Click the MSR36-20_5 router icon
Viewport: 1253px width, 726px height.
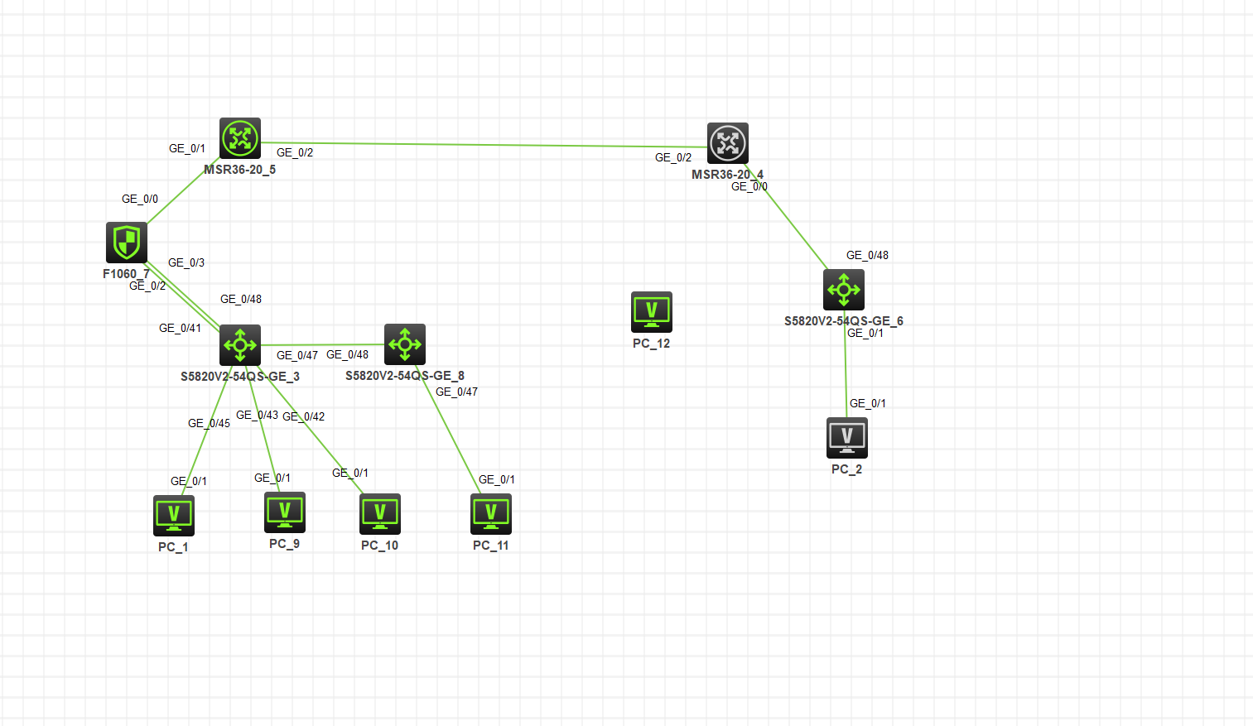click(240, 138)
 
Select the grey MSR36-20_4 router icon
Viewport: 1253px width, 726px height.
click(728, 143)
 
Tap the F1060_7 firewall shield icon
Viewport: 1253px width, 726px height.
click(127, 243)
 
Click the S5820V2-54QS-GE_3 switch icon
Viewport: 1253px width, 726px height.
click(240, 344)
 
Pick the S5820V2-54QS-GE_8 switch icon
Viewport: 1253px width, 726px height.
click(405, 344)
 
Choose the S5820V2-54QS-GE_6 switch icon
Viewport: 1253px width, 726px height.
click(844, 290)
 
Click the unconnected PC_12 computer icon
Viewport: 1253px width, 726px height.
click(652, 312)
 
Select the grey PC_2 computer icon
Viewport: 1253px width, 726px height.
click(847, 438)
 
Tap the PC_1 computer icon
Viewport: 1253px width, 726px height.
click(174, 516)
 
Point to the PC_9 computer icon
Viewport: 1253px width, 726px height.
click(285, 512)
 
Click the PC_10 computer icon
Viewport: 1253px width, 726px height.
click(380, 514)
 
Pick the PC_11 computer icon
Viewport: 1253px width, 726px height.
click(491, 514)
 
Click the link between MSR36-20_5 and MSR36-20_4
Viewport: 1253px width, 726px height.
click(484, 145)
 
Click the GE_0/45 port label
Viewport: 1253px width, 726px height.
click(209, 423)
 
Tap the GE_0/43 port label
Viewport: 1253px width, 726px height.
click(257, 415)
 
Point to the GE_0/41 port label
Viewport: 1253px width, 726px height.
click(180, 328)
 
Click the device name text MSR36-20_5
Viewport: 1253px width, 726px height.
click(240, 170)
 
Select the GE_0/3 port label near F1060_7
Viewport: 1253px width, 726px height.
click(186, 262)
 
